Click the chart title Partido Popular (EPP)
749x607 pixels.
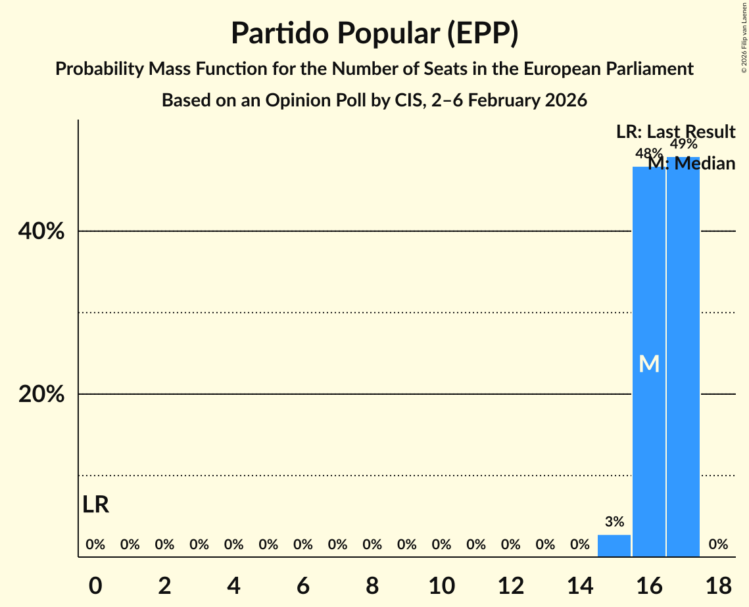coord(374,34)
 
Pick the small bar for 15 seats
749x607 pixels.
coord(614,546)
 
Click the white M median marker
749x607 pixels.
coord(649,363)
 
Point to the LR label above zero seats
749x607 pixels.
coord(96,505)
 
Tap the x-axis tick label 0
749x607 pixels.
coord(96,584)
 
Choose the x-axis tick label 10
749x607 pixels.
coord(441,584)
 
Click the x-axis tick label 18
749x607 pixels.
coord(718,584)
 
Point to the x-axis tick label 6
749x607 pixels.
coord(303,584)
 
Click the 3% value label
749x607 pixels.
coord(614,522)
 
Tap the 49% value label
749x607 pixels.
coord(683,145)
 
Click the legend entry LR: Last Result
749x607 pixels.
coord(675,132)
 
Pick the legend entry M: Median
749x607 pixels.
coord(692,164)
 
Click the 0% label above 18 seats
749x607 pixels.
coord(718,544)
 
